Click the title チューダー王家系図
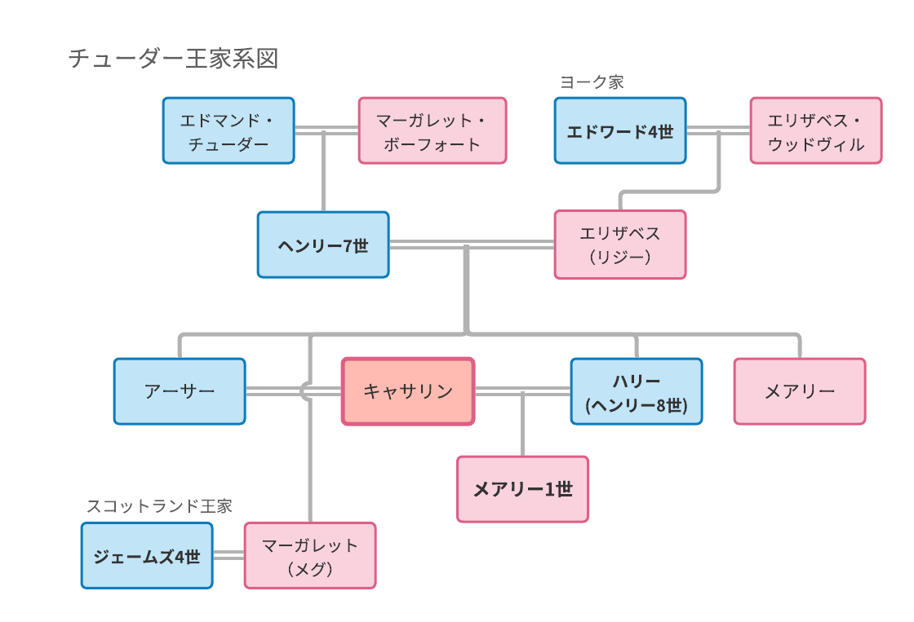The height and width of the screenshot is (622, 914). pyautogui.click(x=173, y=59)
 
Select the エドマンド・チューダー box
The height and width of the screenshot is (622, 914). pyautogui.click(x=228, y=130)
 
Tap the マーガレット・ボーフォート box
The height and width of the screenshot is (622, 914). pyautogui.click(x=433, y=130)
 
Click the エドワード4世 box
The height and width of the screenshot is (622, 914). pyautogui.click(x=620, y=130)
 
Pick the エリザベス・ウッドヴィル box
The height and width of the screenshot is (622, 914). pyautogui.click(x=816, y=130)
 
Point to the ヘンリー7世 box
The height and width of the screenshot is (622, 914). pyautogui.click(x=323, y=245)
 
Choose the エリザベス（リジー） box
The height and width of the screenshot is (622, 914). pyautogui.click(x=620, y=245)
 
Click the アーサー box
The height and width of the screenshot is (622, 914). pyautogui.click(x=180, y=391)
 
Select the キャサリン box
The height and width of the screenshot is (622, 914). pyautogui.click(x=408, y=391)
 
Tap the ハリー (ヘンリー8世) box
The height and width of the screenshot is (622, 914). pyautogui.click(x=637, y=391)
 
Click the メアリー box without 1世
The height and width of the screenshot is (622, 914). pyautogui.click(x=800, y=391)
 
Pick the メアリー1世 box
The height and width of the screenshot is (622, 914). pyautogui.click(x=523, y=489)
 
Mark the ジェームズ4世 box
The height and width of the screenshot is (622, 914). pyautogui.click(x=147, y=556)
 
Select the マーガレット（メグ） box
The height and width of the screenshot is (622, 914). pyautogui.click(x=310, y=556)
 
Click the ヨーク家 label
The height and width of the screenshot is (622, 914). pyautogui.click(x=592, y=82)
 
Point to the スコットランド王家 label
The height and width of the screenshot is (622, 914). pyautogui.click(x=159, y=506)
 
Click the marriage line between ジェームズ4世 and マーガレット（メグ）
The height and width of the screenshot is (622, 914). pyautogui.click(x=228, y=556)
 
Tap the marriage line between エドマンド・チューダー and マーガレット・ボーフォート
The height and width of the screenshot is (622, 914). pyautogui.click(x=326, y=130)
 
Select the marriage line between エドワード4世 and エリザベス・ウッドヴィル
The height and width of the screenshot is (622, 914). pyautogui.click(x=718, y=130)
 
